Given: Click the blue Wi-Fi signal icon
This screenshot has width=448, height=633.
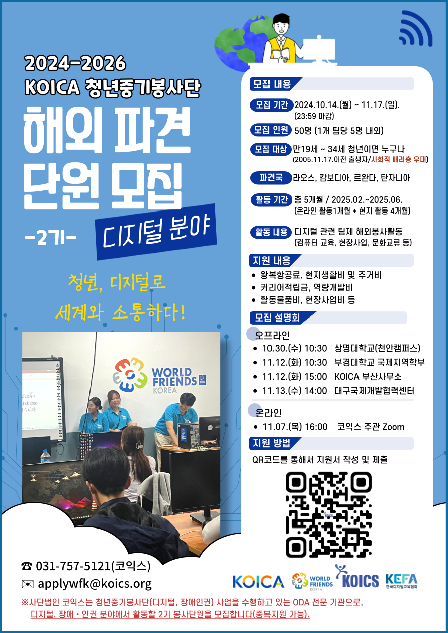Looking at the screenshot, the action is (x=416, y=29).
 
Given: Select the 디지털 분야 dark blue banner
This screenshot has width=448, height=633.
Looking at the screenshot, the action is (x=156, y=232).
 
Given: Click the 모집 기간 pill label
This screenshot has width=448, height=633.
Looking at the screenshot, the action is (x=272, y=105).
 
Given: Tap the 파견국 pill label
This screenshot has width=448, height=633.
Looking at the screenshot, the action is (x=271, y=178).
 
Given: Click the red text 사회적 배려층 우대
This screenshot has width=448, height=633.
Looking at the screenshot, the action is (x=399, y=159).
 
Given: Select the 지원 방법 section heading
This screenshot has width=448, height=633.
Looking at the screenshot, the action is (x=272, y=443).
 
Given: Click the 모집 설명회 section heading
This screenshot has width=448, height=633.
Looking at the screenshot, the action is (x=277, y=318).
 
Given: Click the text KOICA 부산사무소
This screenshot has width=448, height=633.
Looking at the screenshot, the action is (x=368, y=377).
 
